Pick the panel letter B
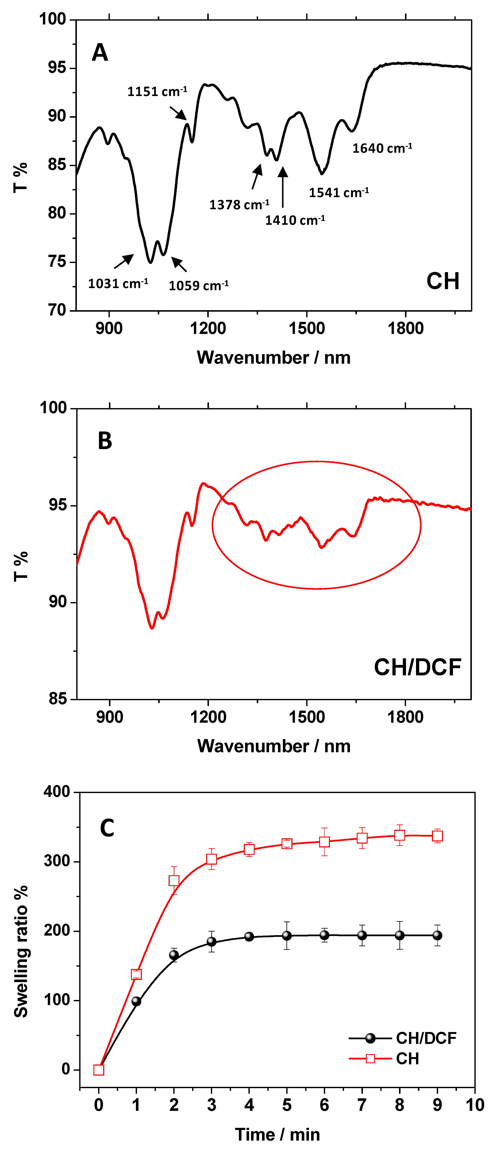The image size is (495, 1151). (105, 441)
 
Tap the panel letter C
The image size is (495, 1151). (107, 828)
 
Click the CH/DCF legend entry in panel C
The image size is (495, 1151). (402, 1038)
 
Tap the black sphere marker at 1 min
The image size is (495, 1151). (136, 1001)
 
